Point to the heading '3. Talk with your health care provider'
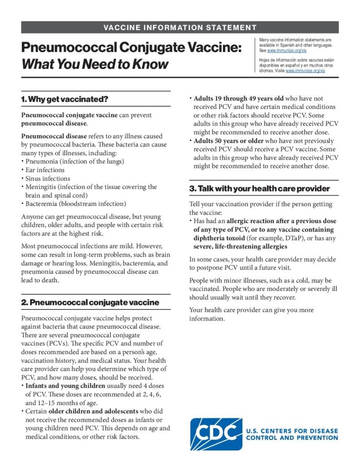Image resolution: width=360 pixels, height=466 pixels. pyautogui.click(x=259, y=188)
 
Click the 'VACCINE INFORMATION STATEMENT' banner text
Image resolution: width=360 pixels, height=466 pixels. pyautogui.click(x=180, y=28)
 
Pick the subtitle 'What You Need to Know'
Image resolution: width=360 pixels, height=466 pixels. pyautogui.click(x=95, y=64)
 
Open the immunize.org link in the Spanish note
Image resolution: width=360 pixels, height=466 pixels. pyautogui.click(x=305, y=71)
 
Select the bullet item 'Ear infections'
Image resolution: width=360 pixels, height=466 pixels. pyautogui.click(x=45, y=170)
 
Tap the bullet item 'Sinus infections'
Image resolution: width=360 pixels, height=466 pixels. pyautogui.click(x=48, y=178)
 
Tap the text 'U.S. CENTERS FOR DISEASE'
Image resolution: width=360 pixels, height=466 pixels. pyautogui.click(x=292, y=431)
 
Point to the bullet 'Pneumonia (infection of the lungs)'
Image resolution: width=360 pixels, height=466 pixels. pyautogui.click(x=75, y=162)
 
